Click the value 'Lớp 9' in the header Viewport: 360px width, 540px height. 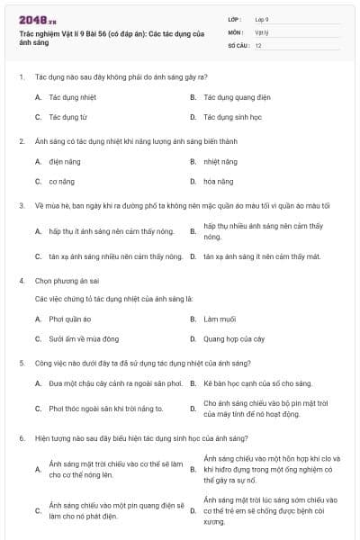pos(261,19)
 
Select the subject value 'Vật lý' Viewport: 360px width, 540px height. pos(261,31)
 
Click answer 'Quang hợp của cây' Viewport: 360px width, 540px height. pos(233,338)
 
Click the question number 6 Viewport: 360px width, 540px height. pos(21,437)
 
